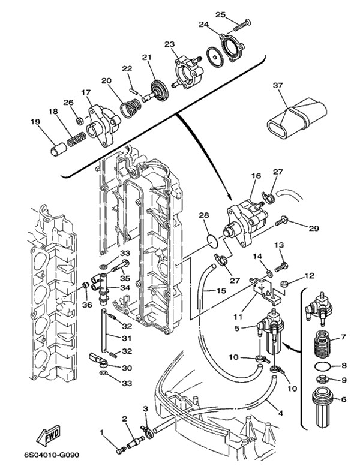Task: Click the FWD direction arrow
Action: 49,435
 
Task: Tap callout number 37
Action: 278,86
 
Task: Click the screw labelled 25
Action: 241,25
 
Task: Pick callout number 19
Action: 35,122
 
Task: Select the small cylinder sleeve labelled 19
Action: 58,149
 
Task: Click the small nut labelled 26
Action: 80,121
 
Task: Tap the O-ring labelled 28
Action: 213,241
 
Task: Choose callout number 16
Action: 256,175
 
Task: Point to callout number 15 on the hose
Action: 221,290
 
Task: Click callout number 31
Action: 126,338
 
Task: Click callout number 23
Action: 169,44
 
